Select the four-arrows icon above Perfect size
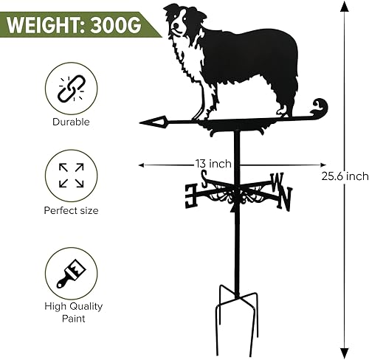71,174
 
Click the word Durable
71,122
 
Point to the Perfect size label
71,210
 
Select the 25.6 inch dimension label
345,176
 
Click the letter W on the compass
277,179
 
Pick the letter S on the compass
203,178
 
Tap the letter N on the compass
284,198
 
